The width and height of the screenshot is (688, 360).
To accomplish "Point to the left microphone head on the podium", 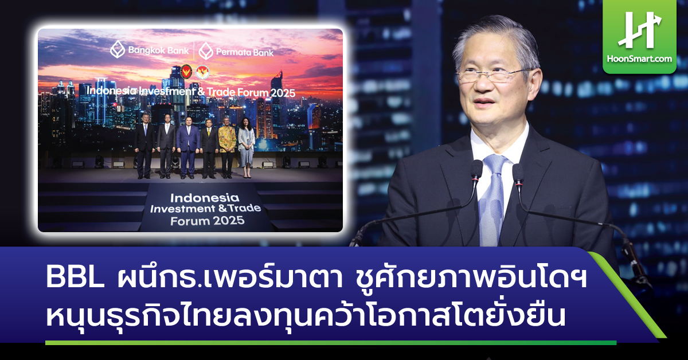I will [476, 170].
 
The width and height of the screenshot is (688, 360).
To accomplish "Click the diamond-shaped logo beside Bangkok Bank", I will [118, 50].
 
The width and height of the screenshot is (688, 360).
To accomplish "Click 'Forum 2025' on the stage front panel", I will [204, 220].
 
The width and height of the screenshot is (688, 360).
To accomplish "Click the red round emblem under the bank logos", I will [186, 72].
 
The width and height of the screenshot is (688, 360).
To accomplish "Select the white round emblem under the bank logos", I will [201, 73].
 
